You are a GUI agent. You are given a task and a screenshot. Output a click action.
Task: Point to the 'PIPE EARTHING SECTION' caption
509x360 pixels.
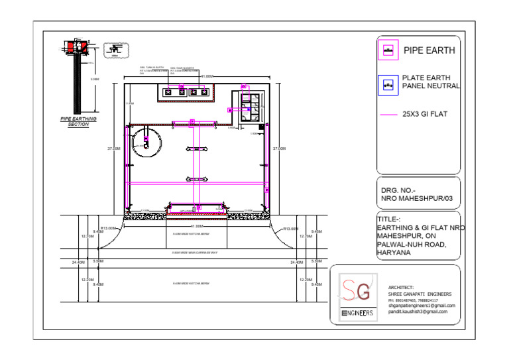pyautogui.click(x=78, y=121)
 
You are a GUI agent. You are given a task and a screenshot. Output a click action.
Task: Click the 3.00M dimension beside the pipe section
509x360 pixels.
pyautogui.click(x=94, y=80)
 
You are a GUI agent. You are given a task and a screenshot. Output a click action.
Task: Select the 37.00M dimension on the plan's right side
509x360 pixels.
pyautogui.click(x=279, y=149)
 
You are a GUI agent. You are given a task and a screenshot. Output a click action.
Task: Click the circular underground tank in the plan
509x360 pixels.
pyautogui.click(x=145, y=142)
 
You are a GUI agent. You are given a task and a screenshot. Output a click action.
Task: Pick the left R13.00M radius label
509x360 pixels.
pyautogui.click(x=108, y=229)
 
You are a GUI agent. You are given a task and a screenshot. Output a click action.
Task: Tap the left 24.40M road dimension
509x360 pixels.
pyautogui.click(x=78, y=263)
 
